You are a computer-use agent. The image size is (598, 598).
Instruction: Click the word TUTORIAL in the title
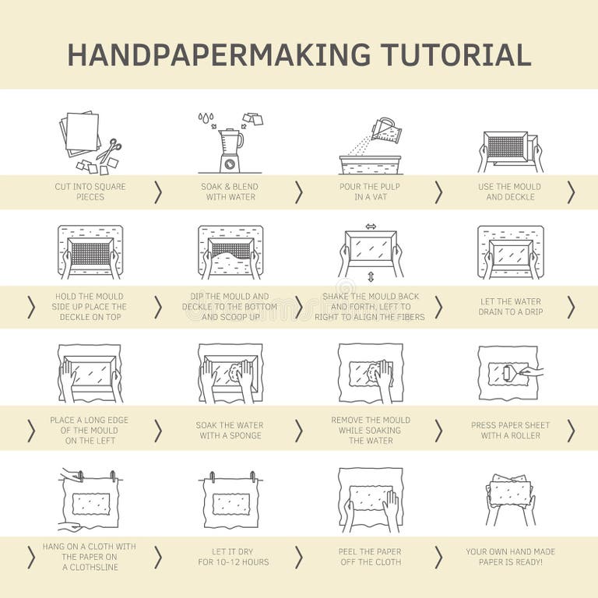pyautogui.click(x=456, y=54)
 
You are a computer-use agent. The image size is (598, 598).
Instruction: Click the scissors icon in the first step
pyautogui.click(x=108, y=149)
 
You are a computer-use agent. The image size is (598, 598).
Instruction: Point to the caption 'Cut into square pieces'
pyautogui.click(x=90, y=192)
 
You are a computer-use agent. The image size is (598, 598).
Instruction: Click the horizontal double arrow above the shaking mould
pyautogui.click(x=371, y=227)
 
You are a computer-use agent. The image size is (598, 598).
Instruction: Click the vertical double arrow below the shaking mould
pyautogui.click(x=371, y=276)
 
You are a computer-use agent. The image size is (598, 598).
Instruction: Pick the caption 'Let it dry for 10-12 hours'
pyautogui.click(x=230, y=557)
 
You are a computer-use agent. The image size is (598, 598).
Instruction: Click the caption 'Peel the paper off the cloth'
pyautogui.click(x=371, y=557)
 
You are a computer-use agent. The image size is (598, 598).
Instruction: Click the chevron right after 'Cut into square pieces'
pyautogui.click(x=158, y=192)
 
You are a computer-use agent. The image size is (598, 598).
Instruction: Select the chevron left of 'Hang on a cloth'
pyautogui.click(x=31, y=557)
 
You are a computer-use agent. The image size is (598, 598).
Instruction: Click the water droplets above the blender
pyautogui.click(x=206, y=118)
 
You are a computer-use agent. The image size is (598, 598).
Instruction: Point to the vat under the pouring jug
pyautogui.click(x=371, y=164)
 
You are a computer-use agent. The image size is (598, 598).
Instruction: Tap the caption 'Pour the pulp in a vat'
pyautogui.click(x=371, y=192)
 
